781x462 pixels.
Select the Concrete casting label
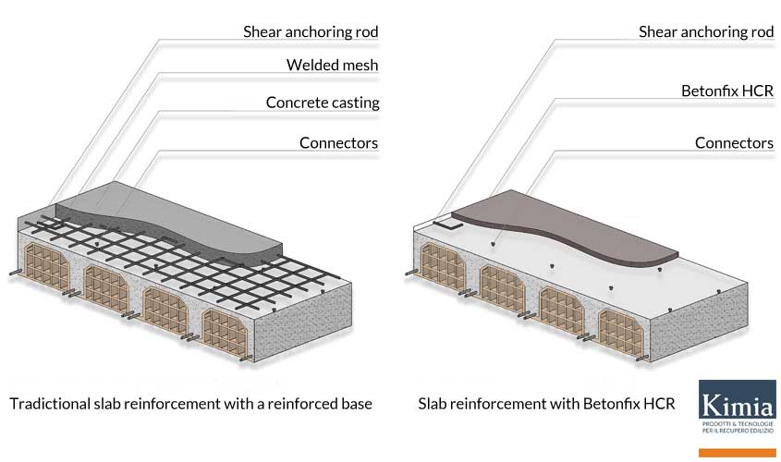pyautogui.click(x=323, y=103)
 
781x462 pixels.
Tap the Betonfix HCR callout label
pyautogui.click(x=726, y=91)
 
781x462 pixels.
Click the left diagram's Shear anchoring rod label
pyautogui.click(x=311, y=31)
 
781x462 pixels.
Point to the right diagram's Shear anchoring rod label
pyautogui.click(x=706, y=31)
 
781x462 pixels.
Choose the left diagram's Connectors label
pyautogui.click(x=338, y=142)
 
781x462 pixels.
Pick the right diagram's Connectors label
pyautogui.click(x=734, y=142)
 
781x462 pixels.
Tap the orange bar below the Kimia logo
pyautogui.click(x=737, y=452)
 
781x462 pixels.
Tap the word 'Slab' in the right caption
pyautogui.click(x=433, y=404)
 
